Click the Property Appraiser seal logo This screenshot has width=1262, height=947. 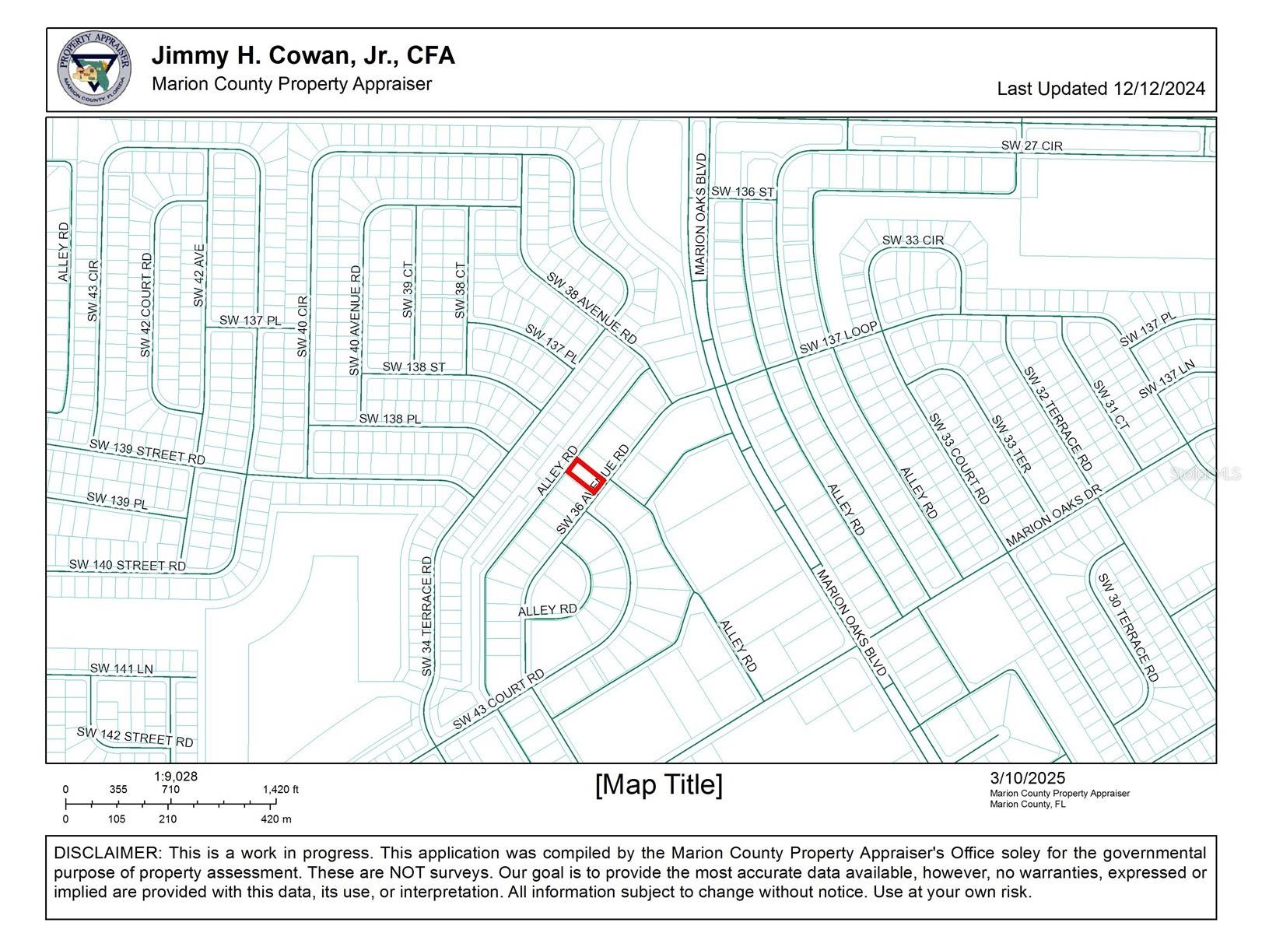(x=93, y=69)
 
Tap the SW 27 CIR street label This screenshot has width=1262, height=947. (x=1031, y=146)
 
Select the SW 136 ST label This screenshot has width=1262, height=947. (x=742, y=191)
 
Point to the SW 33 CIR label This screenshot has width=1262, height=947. (x=912, y=240)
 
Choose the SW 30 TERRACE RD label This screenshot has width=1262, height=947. (x=1127, y=628)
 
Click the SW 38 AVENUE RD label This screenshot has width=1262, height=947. (x=591, y=308)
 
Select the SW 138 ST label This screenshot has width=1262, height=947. (x=413, y=367)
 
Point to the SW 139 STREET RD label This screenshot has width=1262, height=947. (x=147, y=452)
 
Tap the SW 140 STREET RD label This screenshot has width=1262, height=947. (x=128, y=566)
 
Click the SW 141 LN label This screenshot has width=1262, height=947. (x=121, y=668)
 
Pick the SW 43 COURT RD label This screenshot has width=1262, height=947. (x=498, y=700)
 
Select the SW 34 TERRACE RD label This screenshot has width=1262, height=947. (x=426, y=616)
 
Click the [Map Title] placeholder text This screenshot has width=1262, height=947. (x=658, y=784)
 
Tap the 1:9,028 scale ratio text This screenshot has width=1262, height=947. (x=175, y=777)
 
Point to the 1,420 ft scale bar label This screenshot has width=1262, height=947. (x=280, y=790)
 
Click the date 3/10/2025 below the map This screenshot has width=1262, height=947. (x=1027, y=778)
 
